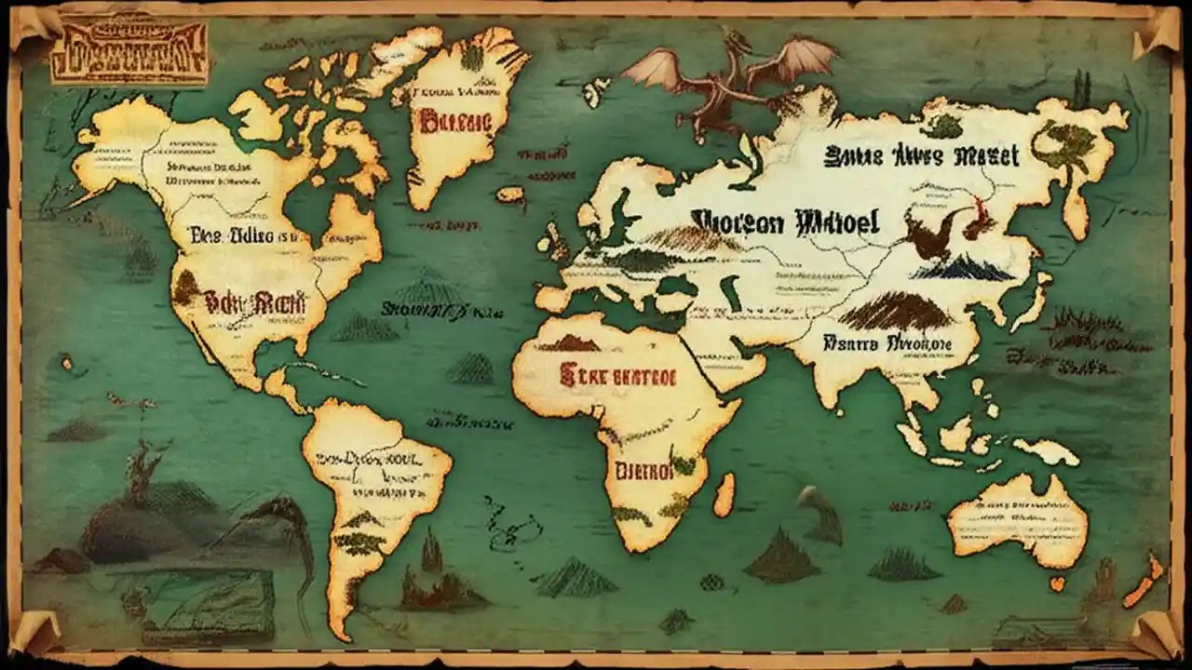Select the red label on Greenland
coord(454,120)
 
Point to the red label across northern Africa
coord(617,376)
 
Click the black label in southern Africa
coord(643,471)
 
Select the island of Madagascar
coord(724,494)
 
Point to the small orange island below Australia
coord(1056,584)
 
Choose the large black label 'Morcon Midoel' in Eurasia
coord(785,222)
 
